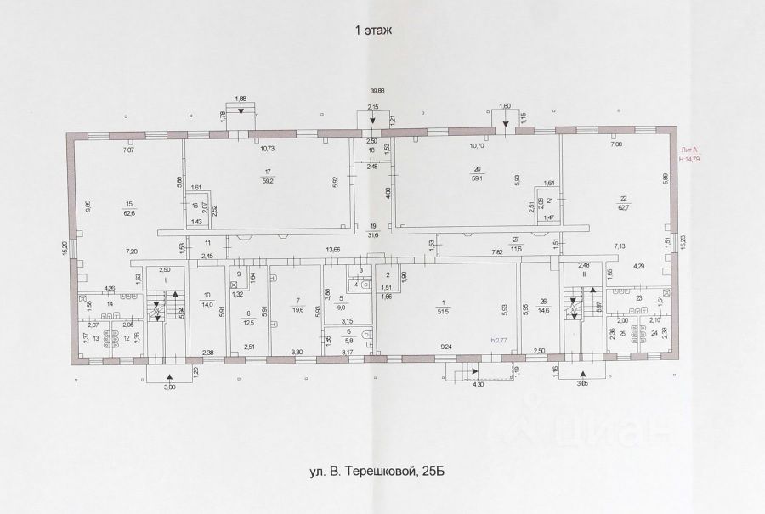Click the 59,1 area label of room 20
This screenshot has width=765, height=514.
[x=478, y=178]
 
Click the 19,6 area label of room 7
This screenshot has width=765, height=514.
[x=296, y=311]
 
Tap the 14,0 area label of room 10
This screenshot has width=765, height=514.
[x=207, y=304]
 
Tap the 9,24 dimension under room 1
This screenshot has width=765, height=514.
[x=445, y=347]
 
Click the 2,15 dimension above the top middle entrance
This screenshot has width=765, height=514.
[x=372, y=106]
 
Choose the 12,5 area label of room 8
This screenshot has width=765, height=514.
[x=248, y=323]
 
